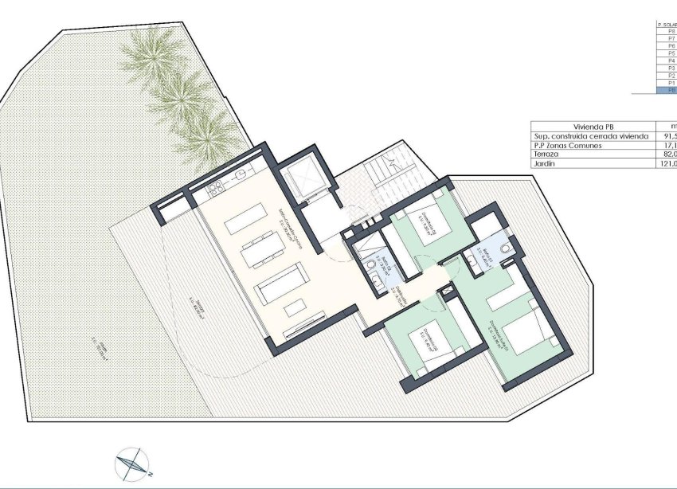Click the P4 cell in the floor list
coord(671,61)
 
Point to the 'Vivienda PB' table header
coord(593,126)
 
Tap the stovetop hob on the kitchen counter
coord(213,190)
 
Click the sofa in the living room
coord(281,282)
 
